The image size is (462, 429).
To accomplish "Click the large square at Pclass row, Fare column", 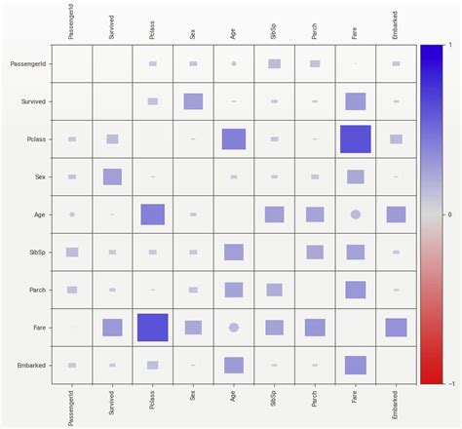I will point(356,139).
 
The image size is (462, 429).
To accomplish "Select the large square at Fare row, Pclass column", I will point(152,328).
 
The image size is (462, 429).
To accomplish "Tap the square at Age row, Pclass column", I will point(152,214).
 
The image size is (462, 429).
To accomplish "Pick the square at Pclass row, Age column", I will point(234,139).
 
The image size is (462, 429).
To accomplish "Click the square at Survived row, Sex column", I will point(193,101).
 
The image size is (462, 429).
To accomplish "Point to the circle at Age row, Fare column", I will point(356,214).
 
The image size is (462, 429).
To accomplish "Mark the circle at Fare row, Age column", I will point(234,328).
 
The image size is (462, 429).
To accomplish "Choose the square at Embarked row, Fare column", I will point(356,365).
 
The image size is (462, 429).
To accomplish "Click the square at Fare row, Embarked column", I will point(396,328).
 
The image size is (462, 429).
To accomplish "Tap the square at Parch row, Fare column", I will point(356,290).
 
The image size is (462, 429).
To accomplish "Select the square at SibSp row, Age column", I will point(234,253).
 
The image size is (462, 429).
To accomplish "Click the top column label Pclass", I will point(152,28).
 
